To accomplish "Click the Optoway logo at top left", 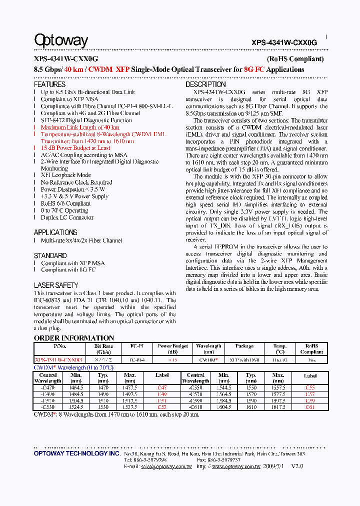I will [x=61, y=40].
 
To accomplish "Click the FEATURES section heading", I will [x=49, y=84].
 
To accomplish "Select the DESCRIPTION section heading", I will [x=205, y=84].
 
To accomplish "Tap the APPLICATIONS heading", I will [x=55, y=232].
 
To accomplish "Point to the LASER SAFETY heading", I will [x=56, y=285].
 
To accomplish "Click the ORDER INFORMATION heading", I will [x=74, y=338].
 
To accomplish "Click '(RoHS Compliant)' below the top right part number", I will [x=295, y=59].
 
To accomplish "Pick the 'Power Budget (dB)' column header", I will [x=173, y=348].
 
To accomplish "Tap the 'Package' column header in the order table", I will [x=244, y=346].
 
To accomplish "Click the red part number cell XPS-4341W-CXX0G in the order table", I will [x=59, y=359].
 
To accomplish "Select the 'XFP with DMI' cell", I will [x=244, y=359].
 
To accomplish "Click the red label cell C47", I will [x=162, y=387].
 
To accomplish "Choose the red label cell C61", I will [x=310, y=407].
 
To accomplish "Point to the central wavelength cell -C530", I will [x=48, y=407].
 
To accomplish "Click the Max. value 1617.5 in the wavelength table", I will [x=278, y=407].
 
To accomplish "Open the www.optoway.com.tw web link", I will [x=236, y=466].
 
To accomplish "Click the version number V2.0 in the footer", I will [x=297, y=466].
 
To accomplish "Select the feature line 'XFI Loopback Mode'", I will [x=65, y=175].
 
